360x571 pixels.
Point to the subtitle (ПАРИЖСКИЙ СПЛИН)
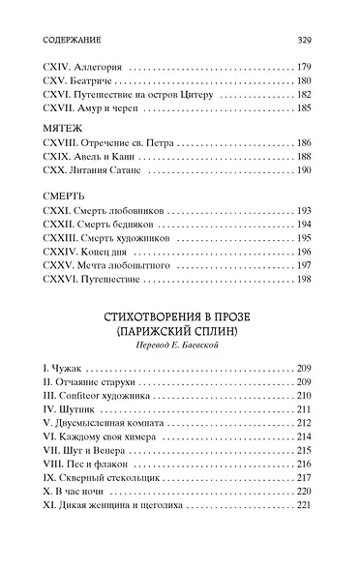180,333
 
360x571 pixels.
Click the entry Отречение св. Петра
108,141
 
